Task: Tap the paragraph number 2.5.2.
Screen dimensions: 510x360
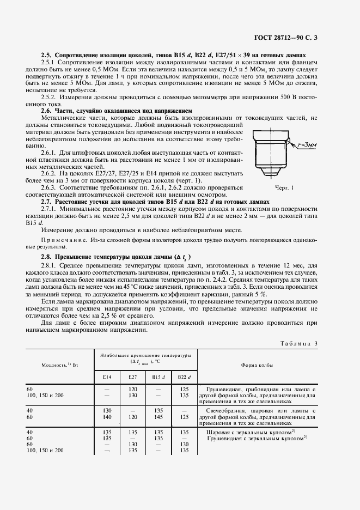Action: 51,96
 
